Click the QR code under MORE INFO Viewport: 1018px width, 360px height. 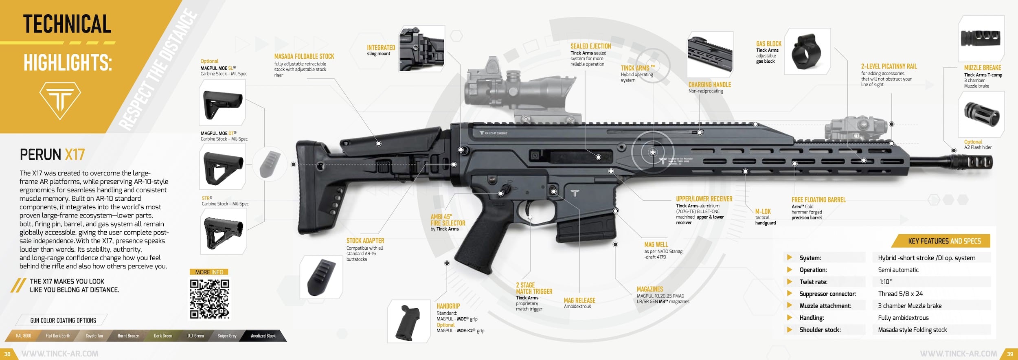click(209, 299)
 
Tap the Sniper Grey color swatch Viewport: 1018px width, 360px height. click(227, 336)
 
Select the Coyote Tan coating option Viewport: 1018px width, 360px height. click(94, 336)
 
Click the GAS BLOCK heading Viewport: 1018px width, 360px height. click(768, 44)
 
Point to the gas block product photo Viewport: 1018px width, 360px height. click(807, 52)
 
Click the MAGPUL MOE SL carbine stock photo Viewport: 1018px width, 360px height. click(222, 103)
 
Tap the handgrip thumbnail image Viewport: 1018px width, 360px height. click(409, 321)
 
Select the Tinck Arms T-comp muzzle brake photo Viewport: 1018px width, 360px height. click(981, 39)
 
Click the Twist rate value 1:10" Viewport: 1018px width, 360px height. click(886, 282)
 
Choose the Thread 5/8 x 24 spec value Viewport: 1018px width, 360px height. click(900, 294)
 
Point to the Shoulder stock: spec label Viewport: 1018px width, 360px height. click(820, 330)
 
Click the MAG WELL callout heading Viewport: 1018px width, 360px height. click(656, 244)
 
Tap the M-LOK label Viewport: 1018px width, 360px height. click(763, 211)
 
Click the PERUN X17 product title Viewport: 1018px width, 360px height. click(52, 155)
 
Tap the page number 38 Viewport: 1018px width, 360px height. click(7, 354)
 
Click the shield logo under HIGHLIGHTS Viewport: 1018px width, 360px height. click(60, 100)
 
